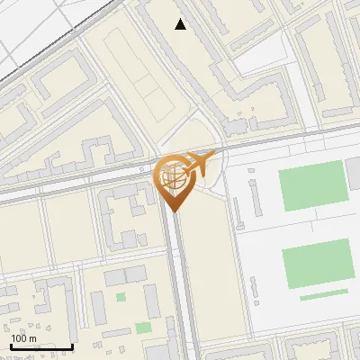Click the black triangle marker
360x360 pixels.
(x=181, y=24)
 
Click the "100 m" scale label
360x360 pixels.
(x=23, y=338)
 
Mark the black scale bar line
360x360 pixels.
(x=41, y=346)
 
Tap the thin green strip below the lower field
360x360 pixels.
(x=323, y=294)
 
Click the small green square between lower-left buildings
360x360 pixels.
(x=121, y=296)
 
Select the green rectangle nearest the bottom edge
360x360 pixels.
(x=143, y=328)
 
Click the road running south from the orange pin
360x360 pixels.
(x=177, y=279)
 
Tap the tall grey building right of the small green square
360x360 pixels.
(x=154, y=292)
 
